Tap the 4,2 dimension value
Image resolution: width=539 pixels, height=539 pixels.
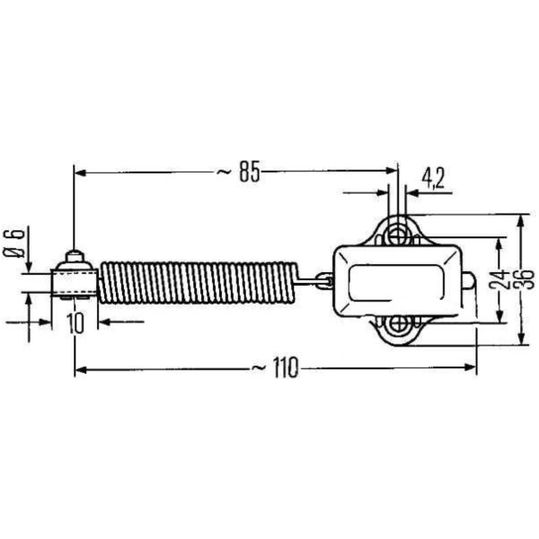tap(433, 178)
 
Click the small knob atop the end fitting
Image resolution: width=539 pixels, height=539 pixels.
tap(75, 255)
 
